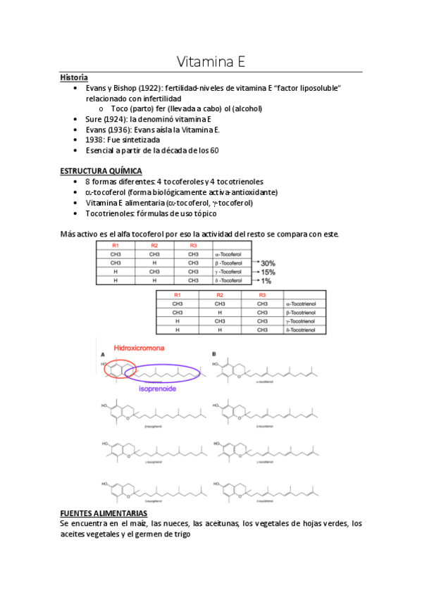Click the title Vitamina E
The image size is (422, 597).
click(x=210, y=62)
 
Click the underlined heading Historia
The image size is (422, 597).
click(x=74, y=77)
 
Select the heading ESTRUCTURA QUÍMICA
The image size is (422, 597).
click(x=101, y=171)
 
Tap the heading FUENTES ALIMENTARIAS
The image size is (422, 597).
click(x=104, y=513)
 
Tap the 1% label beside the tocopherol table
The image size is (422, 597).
click(x=267, y=281)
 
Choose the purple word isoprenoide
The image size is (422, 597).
click(x=157, y=389)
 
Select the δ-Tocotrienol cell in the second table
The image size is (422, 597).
click(x=301, y=329)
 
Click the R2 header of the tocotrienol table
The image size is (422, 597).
click(x=219, y=295)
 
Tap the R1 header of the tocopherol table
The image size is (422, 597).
click(x=116, y=245)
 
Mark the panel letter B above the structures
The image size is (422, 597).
click(x=214, y=353)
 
